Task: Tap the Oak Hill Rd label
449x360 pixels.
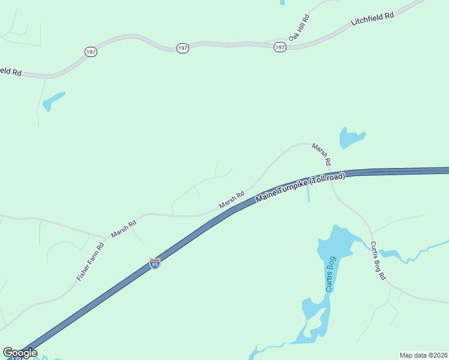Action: click(x=298, y=28)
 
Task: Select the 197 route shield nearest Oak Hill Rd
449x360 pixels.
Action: click(x=280, y=47)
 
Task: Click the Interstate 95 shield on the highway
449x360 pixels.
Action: click(x=155, y=263)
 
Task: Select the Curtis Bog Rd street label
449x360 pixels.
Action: click(x=378, y=261)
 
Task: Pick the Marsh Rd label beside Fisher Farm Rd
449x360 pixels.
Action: click(x=124, y=229)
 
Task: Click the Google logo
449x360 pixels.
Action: click(x=20, y=353)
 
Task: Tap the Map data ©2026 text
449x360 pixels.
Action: click(x=423, y=355)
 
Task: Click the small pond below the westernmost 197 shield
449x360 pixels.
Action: click(x=53, y=101)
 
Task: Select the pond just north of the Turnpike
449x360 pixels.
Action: click(x=351, y=137)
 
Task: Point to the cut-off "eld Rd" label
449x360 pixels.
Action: click(x=11, y=71)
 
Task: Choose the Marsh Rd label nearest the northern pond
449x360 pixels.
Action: click(x=321, y=154)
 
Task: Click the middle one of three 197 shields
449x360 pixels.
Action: click(x=182, y=47)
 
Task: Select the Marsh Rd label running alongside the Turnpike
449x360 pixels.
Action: click(x=232, y=200)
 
